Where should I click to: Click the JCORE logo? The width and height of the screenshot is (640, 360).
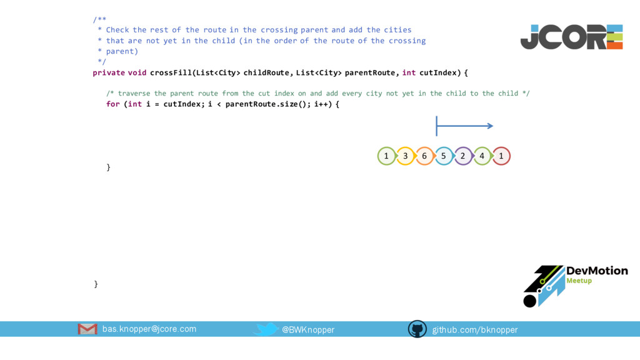click(x=571, y=37)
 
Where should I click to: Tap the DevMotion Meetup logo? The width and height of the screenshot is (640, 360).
click(x=575, y=285)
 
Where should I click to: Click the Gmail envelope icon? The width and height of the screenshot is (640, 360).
click(x=87, y=329)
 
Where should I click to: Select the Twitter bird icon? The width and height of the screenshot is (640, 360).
click(x=267, y=329)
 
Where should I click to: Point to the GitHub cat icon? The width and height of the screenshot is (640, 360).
click(x=417, y=329)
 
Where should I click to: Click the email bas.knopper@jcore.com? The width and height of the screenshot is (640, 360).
click(x=149, y=329)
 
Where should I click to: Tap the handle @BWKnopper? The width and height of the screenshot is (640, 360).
click(x=308, y=329)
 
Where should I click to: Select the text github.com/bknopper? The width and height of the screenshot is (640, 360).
click(x=475, y=329)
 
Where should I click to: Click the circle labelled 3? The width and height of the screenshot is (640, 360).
click(x=406, y=156)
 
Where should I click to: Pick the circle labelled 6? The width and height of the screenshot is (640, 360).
click(x=424, y=156)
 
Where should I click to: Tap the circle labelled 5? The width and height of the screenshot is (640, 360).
click(x=444, y=156)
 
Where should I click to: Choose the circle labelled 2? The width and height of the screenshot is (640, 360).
click(x=462, y=156)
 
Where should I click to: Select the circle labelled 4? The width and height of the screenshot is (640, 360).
click(x=482, y=156)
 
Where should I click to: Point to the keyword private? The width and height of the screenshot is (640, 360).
click(x=109, y=72)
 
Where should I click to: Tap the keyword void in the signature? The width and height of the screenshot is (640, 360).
click(x=137, y=72)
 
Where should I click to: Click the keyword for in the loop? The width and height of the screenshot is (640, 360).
click(x=112, y=104)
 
